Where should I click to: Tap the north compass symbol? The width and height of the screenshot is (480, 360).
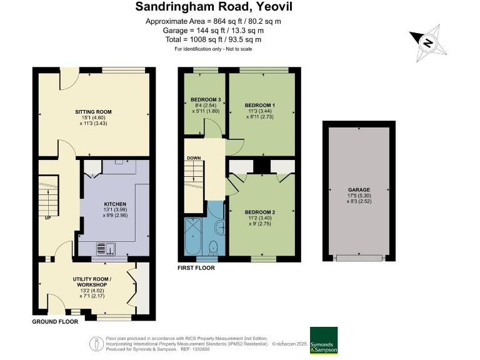click(x=428, y=42)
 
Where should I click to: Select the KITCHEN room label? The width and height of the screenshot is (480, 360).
click(x=115, y=204)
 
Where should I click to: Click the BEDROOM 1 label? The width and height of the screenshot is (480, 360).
click(x=260, y=104)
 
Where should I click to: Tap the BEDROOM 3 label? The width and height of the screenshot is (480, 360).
click(x=206, y=100)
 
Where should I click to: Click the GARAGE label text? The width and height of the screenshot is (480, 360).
click(x=359, y=189)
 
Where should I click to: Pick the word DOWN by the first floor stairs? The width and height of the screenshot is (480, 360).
click(x=194, y=158)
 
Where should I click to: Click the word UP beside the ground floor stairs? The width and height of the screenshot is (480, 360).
click(x=47, y=218)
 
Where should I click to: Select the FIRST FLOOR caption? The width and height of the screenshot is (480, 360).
click(x=196, y=268)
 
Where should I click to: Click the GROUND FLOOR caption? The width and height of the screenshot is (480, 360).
click(x=55, y=322)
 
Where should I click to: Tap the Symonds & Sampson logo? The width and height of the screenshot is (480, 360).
click(x=324, y=341)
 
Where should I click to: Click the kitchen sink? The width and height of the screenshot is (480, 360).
click(x=106, y=249)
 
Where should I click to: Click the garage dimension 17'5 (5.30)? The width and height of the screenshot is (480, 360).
click(x=359, y=196)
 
